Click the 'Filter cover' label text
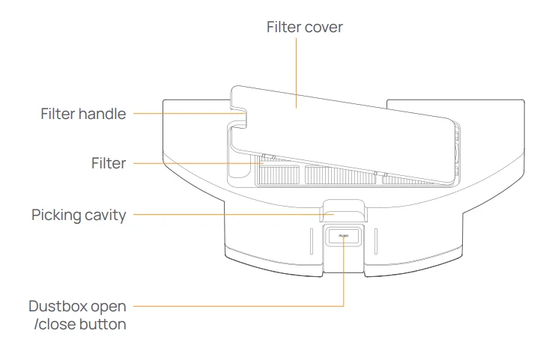[x=304, y=27]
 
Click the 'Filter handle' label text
[x=83, y=114]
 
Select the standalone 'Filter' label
[x=109, y=163]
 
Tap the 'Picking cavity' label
[x=79, y=216]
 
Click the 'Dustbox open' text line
[x=77, y=307]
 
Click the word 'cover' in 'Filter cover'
[x=324, y=27]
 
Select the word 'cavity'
[x=106, y=216]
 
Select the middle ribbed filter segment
[x=337, y=176]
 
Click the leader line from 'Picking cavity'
[x=225, y=216]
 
